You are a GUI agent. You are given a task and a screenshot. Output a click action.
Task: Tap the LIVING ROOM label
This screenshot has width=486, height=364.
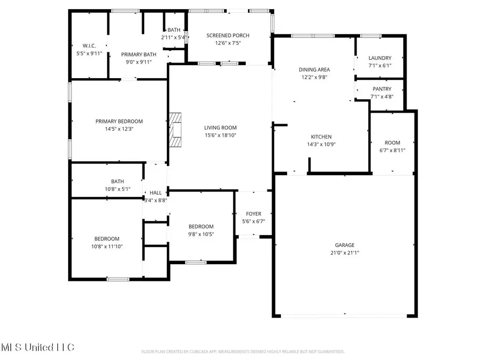pos(220,128)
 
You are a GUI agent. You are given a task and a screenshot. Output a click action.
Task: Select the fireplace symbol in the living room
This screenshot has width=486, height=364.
pos(176,130)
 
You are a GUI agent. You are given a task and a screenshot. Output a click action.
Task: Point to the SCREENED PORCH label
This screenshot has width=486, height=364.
pos(228,36)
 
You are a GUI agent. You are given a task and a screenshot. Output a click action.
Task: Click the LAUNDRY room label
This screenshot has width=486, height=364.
pos(380,58)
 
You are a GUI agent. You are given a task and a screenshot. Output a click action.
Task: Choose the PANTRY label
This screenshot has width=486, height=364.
pos(381,89)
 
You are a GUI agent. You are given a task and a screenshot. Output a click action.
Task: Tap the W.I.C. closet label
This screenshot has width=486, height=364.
pos(89,46)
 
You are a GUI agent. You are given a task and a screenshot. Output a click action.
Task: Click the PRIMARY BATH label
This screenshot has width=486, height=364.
pos(136,54)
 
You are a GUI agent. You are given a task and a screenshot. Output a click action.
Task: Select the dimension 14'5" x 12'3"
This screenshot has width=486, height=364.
pos(119,129)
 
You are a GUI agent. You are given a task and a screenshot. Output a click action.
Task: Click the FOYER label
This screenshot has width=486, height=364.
pos(254,214)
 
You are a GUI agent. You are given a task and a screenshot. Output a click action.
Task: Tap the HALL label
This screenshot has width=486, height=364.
pos(156,193)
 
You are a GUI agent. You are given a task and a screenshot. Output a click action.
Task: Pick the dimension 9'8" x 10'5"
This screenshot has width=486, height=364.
pos(201,234)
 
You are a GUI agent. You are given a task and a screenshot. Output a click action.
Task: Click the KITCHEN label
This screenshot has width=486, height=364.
pos(321,137)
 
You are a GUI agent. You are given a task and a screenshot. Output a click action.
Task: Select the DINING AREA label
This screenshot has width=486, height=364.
pos(315,70)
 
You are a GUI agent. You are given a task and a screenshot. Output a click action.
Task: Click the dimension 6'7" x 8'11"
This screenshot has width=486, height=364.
pos(393,150)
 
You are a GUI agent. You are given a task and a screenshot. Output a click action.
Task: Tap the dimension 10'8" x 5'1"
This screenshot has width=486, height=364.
pos(117,189)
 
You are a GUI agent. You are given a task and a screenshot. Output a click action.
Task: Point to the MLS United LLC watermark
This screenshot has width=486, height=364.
pos(38,347)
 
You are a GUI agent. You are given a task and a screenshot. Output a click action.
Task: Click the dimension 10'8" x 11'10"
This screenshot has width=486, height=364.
pos(107,246)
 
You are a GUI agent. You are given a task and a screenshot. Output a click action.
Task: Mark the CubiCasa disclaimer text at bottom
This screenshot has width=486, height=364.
pos(242,352)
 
